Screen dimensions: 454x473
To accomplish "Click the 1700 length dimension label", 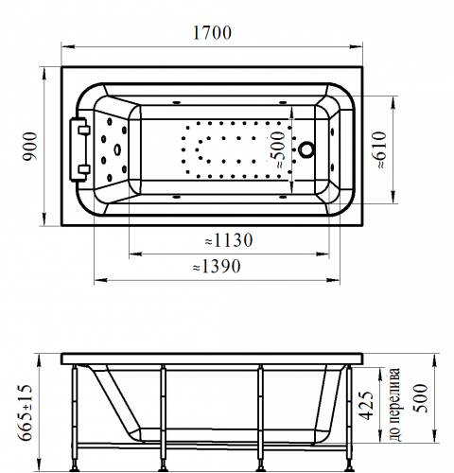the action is tap(212, 33).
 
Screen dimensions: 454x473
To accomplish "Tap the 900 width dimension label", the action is tap(31, 147).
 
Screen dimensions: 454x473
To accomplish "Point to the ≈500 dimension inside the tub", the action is tap(277, 150).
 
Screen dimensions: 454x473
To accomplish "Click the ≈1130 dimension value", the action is tap(229, 240).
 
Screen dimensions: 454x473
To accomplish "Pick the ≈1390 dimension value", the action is tap(217, 267).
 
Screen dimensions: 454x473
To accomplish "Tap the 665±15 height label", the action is tap(25, 412).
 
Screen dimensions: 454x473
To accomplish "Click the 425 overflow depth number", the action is tap(367, 406).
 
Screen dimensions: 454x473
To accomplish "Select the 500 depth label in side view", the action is tap(420, 398).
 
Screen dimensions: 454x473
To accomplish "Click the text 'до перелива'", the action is tap(394, 405).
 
